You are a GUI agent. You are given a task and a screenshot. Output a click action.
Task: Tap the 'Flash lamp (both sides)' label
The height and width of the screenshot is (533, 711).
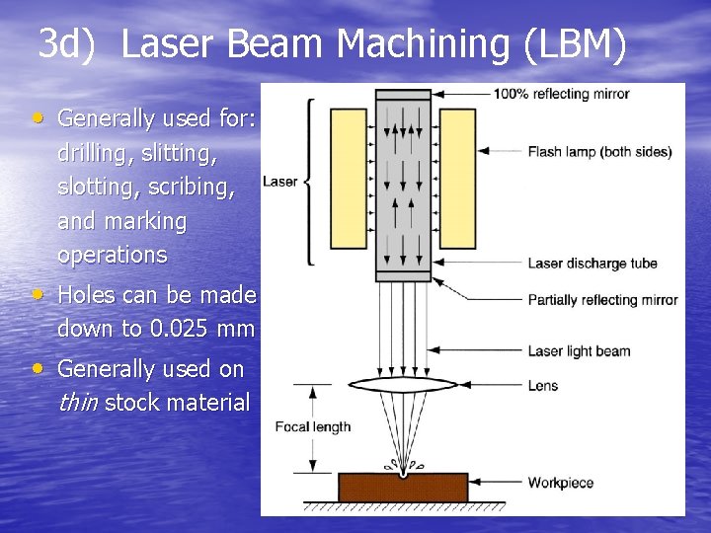point(599,152)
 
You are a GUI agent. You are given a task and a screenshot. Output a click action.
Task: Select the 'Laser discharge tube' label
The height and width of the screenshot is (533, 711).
point(592,264)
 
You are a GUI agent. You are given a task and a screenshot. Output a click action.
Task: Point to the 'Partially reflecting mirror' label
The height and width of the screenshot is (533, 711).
point(602,300)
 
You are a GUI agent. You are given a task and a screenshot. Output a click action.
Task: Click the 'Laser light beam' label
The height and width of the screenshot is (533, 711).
point(579,350)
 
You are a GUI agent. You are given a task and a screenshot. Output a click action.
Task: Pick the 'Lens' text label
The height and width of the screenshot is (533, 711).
point(542,385)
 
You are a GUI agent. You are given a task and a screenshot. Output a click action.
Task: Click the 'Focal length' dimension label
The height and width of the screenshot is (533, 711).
point(312,427)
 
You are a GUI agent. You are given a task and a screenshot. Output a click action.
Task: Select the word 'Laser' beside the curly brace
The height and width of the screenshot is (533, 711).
point(279,182)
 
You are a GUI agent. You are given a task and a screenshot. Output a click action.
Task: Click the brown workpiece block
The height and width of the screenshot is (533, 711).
point(403,488)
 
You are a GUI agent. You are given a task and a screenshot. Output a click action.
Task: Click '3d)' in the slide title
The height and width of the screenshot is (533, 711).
point(68,44)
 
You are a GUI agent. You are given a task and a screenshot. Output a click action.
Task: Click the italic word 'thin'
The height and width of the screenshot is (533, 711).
point(78,403)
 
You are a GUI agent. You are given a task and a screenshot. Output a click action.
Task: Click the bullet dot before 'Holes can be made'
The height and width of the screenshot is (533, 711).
point(38,295)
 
